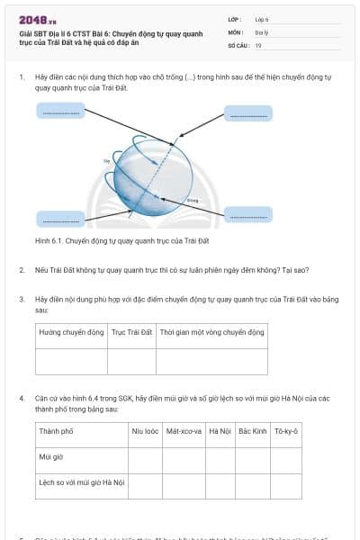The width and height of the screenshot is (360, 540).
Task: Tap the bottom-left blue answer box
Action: point(61,219)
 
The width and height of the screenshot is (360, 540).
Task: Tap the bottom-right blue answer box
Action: point(247,215)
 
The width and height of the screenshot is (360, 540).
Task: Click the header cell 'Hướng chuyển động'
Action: point(71,333)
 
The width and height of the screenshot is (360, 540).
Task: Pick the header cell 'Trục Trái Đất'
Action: point(131,333)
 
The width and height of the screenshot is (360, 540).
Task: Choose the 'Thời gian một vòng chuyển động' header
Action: point(211,333)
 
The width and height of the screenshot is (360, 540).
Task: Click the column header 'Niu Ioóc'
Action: point(145,431)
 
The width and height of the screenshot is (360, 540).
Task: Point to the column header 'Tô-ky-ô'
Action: point(286,431)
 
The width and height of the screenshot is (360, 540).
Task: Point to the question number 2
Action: point(21,269)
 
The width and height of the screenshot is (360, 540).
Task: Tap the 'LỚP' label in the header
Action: point(234,18)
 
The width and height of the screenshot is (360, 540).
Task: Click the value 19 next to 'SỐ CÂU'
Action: point(258,45)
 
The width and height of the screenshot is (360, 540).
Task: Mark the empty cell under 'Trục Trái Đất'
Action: point(131,360)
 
